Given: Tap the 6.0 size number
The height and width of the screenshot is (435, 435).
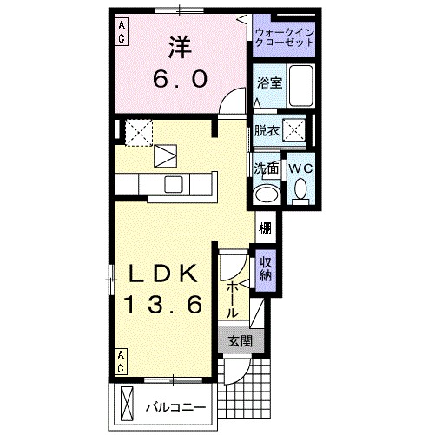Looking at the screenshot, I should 179,79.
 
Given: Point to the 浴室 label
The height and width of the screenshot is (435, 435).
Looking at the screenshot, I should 267,83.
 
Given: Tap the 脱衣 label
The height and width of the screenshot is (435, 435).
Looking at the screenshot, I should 267,131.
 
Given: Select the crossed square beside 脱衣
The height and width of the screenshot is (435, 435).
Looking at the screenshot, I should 296,131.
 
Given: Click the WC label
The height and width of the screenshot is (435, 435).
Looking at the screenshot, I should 300,167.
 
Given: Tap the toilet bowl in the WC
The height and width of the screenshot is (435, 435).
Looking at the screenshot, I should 300,188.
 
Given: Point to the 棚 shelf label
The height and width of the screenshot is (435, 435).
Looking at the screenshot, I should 264,229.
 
